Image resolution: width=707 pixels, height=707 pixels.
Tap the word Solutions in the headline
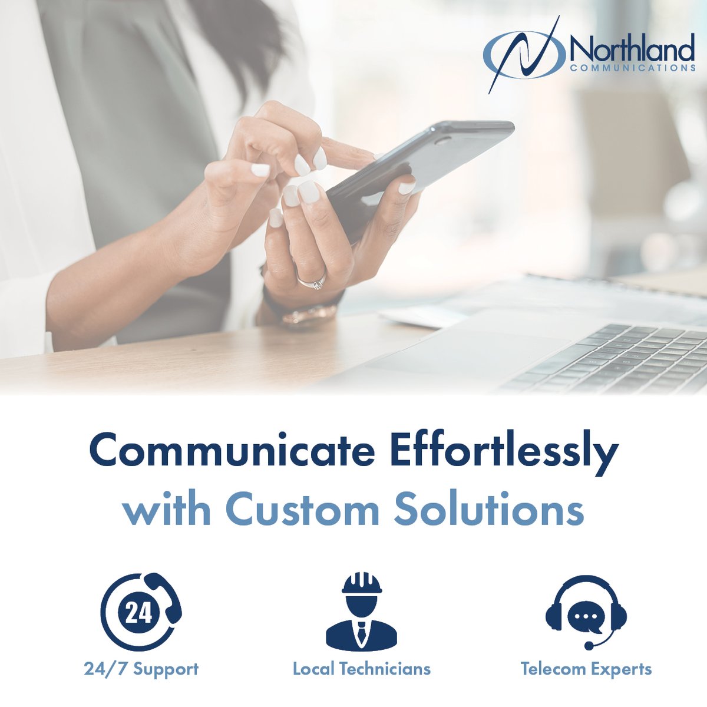click(x=489, y=510)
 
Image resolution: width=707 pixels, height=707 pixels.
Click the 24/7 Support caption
click(x=141, y=669)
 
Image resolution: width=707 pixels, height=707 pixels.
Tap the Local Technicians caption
click(x=361, y=669)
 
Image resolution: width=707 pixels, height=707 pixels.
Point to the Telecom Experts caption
click(x=586, y=669)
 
